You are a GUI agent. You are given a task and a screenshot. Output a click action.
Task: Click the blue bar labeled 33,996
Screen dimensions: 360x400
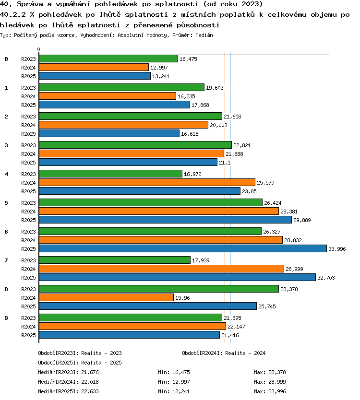(183, 248)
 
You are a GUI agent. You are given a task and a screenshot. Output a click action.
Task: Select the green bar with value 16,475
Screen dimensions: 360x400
(108, 59)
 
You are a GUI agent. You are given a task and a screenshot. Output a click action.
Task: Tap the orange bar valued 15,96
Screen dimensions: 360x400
(106, 297)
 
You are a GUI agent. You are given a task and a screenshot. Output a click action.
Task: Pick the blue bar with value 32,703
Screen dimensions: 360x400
(178, 277)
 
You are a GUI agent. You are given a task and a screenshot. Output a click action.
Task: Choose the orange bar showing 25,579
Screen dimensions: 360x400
(147, 182)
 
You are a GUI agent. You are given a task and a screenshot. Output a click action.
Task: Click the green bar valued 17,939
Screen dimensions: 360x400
(115, 260)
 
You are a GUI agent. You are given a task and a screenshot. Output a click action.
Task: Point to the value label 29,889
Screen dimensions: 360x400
(302, 220)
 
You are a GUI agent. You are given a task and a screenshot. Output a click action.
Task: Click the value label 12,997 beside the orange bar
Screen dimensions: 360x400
(159, 68)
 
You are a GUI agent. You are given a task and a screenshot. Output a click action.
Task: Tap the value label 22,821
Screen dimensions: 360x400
(242, 145)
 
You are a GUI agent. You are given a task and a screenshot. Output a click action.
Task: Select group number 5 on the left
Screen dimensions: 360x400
(6, 203)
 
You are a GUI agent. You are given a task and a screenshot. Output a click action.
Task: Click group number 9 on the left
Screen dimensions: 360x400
(6, 318)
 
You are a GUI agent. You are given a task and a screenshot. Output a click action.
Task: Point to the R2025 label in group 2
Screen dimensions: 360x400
(28, 134)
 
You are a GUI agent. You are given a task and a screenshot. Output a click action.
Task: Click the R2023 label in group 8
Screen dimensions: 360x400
(28, 289)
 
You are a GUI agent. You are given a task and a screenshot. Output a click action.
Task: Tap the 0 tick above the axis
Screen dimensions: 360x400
(38, 49)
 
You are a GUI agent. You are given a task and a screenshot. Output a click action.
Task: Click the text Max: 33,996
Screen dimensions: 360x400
(270, 391)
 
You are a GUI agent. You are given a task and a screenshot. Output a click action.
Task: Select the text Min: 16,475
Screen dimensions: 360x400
(174, 372)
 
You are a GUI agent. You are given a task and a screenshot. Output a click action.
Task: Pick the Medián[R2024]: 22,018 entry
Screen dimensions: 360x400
(68, 382)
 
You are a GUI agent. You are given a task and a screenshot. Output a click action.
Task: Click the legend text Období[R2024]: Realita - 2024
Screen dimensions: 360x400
(224, 353)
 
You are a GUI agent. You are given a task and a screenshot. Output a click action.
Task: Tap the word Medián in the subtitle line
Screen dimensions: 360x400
(204, 35)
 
